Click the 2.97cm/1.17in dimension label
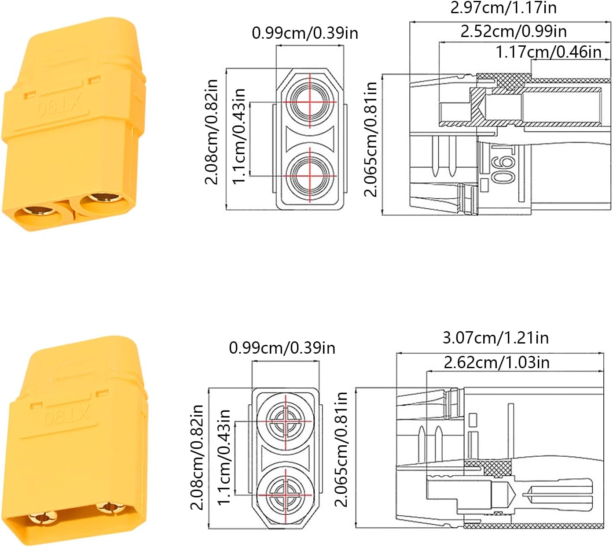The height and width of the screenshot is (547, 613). tap(503, 7)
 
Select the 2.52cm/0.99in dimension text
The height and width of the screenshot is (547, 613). tap(514, 31)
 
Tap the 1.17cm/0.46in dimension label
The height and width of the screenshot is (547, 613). tap(549, 52)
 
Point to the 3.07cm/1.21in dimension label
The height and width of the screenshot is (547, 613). tap(496, 338)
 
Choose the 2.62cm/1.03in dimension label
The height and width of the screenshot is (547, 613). tap(496, 362)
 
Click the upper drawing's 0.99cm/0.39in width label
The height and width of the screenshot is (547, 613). tap(305, 33)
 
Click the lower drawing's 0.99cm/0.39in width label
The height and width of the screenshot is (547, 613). tap(282, 348)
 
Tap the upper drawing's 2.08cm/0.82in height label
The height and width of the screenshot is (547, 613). tap(212, 132)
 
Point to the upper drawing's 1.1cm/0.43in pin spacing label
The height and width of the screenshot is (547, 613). tap(239, 136)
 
